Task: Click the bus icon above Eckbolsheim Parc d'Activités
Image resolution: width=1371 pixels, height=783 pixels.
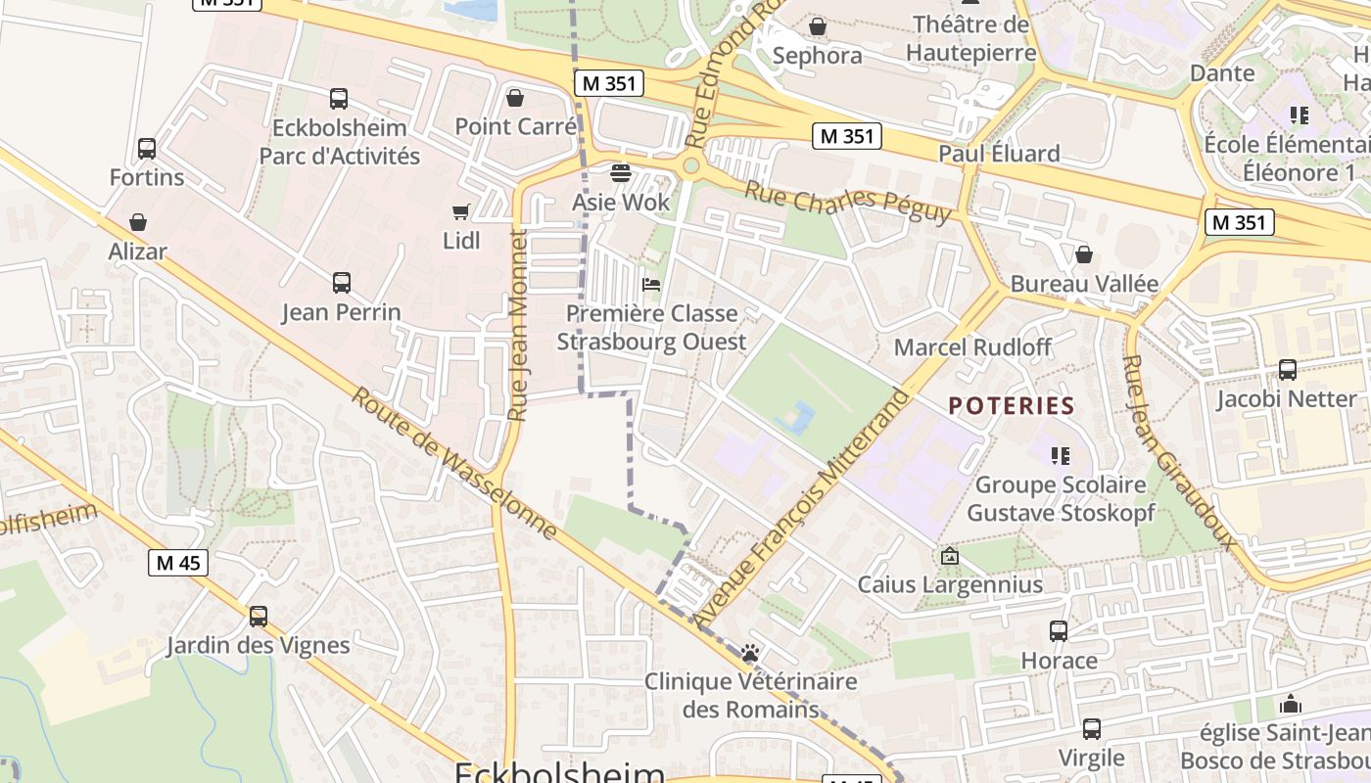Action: tap(338, 99)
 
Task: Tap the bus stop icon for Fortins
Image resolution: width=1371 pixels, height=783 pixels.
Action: tap(146, 149)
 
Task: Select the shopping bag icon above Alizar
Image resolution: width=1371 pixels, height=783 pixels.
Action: tap(138, 222)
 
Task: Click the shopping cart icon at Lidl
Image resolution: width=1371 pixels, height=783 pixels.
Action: tap(460, 211)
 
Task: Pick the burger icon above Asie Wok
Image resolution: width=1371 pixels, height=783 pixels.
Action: tap(620, 173)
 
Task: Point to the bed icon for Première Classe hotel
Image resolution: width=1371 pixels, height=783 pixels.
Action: tap(650, 285)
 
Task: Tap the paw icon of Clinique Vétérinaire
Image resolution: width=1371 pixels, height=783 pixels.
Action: tap(750, 653)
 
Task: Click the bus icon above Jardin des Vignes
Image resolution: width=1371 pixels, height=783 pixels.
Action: tap(258, 617)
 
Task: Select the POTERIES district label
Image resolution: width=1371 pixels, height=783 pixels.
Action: tap(1012, 405)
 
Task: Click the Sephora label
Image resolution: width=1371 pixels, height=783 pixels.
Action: tap(817, 56)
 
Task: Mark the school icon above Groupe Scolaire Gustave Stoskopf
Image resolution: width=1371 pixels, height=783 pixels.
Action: tap(1059, 455)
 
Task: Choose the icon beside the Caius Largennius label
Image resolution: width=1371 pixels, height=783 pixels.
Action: tap(949, 556)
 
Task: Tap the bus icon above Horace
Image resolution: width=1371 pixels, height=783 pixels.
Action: tap(1059, 631)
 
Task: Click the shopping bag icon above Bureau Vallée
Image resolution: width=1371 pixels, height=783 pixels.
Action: tap(1083, 255)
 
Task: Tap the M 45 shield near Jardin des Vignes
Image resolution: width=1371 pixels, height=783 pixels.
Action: tap(178, 563)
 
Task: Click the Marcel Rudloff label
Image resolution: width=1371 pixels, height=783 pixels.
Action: tap(972, 347)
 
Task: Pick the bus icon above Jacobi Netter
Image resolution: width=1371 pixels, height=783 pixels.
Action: tap(1287, 370)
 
